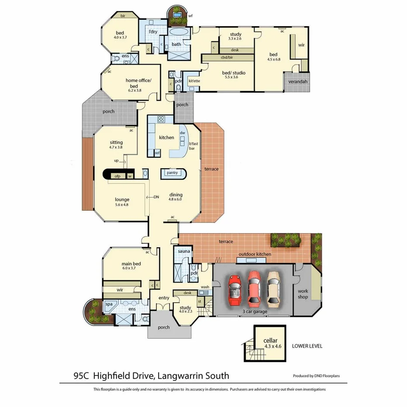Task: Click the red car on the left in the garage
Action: click(x=235, y=291)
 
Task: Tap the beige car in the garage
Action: click(x=274, y=288)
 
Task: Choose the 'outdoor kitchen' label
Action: click(x=255, y=254)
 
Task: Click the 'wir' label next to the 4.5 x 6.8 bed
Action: click(x=301, y=45)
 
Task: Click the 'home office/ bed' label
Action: click(x=138, y=83)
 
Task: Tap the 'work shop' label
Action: click(x=303, y=294)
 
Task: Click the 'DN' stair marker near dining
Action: click(x=156, y=197)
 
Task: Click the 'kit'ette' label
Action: click(x=194, y=81)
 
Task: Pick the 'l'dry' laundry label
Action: click(x=153, y=32)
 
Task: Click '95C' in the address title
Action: click(x=82, y=376)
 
